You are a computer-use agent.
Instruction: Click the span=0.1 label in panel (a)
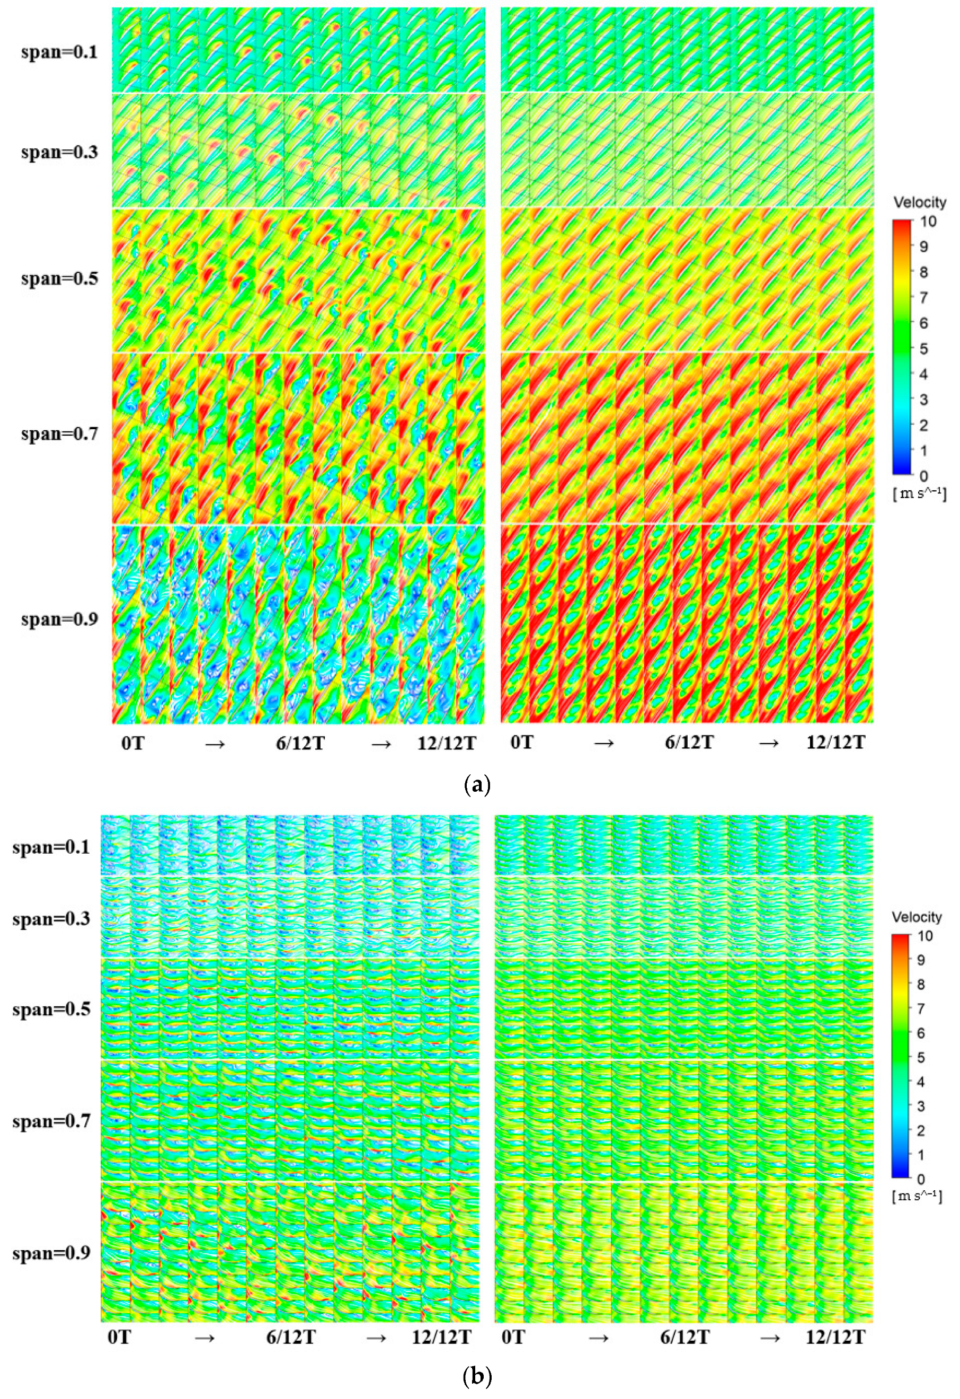click(59, 52)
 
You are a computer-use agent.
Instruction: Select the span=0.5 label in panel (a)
click(59, 279)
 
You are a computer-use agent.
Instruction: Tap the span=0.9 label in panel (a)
click(59, 619)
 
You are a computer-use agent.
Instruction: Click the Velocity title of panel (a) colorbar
click(919, 202)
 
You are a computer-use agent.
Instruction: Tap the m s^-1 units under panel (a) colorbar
click(919, 495)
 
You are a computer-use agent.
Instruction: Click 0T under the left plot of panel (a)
click(132, 743)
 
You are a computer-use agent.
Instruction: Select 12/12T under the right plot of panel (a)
click(836, 743)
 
